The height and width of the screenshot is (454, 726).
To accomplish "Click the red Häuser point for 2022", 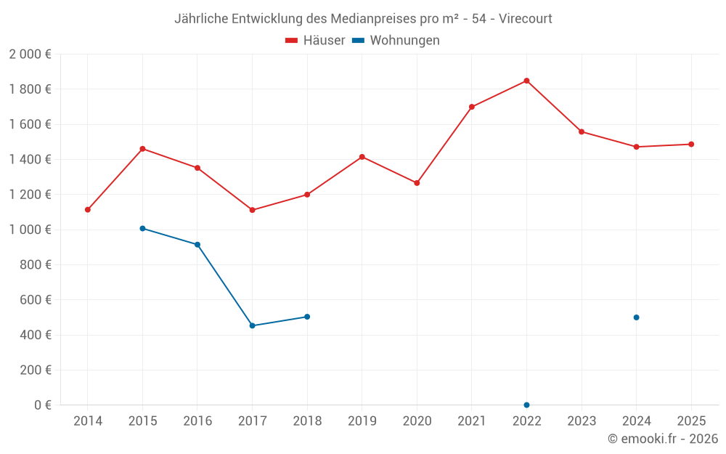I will pyautogui.click(x=526, y=81).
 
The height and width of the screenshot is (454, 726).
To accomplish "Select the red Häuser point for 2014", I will pyautogui.click(x=88, y=210).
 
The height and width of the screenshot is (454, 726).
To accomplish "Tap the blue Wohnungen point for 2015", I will pyautogui.click(x=142, y=228).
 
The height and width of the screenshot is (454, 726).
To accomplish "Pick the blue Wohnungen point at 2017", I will pyautogui.click(x=253, y=325).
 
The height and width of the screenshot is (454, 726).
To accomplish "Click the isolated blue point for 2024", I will pyautogui.click(x=636, y=317).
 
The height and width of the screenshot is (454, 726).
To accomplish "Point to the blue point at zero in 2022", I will pyautogui.click(x=526, y=405).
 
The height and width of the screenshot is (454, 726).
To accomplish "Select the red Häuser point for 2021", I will pyautogui.click(x=472, y=107).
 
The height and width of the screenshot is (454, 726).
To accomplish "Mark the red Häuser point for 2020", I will pyautogui.click(x=417, y=183).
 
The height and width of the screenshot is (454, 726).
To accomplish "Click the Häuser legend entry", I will pyautogui.click(x=315, y=41).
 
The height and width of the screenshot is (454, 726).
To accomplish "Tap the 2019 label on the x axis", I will pyautogui.click(x=362, y=421).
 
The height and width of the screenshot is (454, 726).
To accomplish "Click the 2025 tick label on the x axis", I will pyautogui.click(x=690, y=421).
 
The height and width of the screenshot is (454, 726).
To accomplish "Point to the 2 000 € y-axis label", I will pyautogui.click(x=30, y=54).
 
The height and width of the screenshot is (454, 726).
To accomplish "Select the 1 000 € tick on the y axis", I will pyautogui.click(x=30, y=230).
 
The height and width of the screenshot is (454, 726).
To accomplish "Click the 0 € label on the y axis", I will pyautogui.click(x=42, y=405).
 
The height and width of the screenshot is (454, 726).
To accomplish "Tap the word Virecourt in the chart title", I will pyautogui.click(x=526, y=18).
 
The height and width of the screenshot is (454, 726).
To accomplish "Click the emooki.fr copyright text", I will pyautogui.click(x=662, y=439).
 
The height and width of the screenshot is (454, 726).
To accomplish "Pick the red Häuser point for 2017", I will pyautogui.click(x=253, y=210).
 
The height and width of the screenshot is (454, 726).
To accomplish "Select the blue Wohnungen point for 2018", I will pyautogui.click(x=307, y=317).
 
